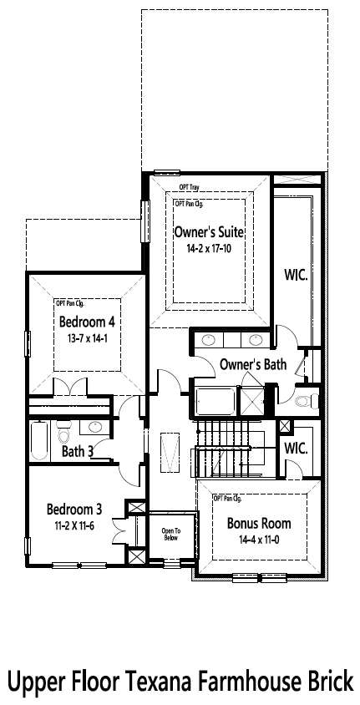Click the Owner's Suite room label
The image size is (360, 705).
click(x=209, y=231)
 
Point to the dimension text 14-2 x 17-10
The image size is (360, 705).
click(x=209, y=249)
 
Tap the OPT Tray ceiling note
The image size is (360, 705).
click(x=188, y=188)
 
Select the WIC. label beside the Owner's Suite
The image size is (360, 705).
click(x=297, y=274)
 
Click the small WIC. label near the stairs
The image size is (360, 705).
click(x=296, y=448)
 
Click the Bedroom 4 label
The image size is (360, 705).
click(x=86, y=322)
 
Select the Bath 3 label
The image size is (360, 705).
click(x=77, y=452)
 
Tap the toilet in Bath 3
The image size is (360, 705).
click(x=64, y=434)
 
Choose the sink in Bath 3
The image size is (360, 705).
click(x=96, y=427)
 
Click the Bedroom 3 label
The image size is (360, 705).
click(x=74, y=510)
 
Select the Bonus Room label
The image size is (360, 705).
click(x=259, y=524)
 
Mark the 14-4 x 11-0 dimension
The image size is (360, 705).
click(x=259, y=540)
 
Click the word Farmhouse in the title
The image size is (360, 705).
click(x=243, y=682)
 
